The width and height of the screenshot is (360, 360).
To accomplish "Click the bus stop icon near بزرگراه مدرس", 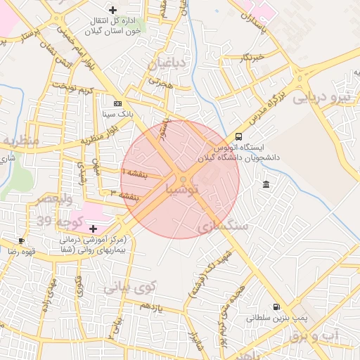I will click(239, 137).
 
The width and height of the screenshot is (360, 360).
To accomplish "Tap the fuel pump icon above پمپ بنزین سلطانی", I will click(275, 307).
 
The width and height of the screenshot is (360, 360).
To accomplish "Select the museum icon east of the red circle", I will click(265, 184).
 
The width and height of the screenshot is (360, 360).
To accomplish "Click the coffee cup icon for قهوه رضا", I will click(22, 240).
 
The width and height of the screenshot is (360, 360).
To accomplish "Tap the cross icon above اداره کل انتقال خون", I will click(112, 9).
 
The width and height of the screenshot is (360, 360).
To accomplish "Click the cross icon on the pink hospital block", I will click(93, 228).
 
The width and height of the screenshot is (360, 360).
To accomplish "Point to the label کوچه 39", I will click(60, 222).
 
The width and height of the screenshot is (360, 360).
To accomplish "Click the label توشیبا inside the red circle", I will click(182, 190).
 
